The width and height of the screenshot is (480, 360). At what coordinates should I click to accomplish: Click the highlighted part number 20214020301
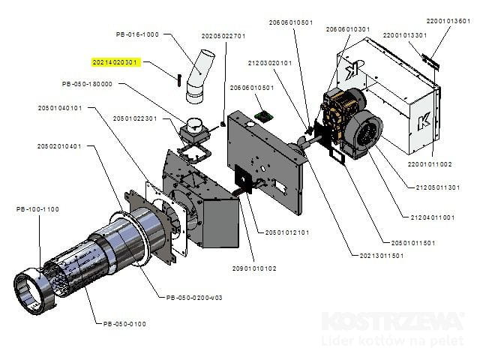point(116,61)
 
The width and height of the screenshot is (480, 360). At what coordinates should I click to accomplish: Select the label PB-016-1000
point(137,34)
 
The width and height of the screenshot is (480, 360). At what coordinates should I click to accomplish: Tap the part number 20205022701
point(223,36)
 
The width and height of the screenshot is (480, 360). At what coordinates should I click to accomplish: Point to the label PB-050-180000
point(87,84)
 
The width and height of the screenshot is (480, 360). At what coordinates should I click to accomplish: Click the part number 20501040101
point(60,108)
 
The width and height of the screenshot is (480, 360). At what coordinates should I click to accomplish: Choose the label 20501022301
point(135,118)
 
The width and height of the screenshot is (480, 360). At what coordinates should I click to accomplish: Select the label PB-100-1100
point(37,208)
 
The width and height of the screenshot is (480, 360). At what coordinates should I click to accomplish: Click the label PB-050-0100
point(124,323)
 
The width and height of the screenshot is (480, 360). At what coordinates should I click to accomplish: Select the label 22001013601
point(448,21)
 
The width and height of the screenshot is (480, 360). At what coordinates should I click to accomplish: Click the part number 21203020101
point(269,63)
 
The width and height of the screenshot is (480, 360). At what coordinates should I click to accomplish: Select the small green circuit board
point(262,115)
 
